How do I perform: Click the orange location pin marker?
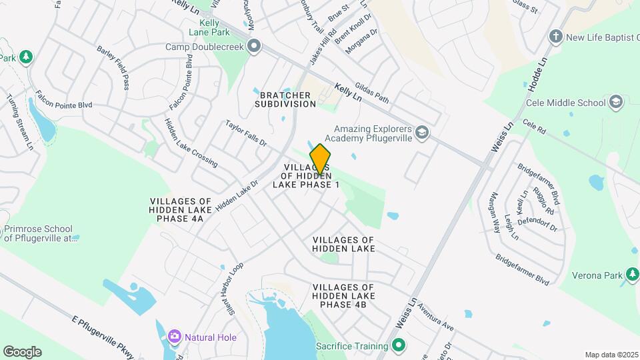point(320,159)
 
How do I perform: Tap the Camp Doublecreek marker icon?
point(254,47)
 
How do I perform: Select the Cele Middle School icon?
point(615,102)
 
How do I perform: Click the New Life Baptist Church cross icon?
point(556,37)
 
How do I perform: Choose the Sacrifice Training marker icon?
point(399,346)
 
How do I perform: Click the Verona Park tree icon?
point(631,274)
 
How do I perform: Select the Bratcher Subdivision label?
point(285,99)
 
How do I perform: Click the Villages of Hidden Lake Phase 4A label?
point(180,209)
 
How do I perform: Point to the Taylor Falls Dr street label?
point(246,134)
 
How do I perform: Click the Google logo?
point(22,352)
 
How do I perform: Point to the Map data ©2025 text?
point(610,355)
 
